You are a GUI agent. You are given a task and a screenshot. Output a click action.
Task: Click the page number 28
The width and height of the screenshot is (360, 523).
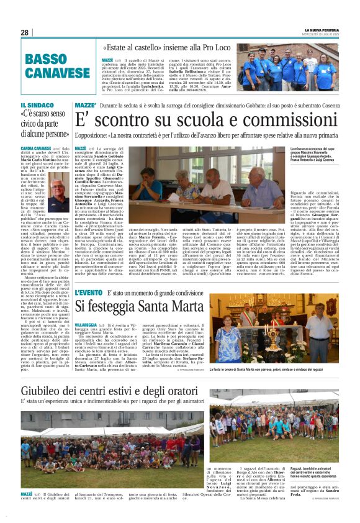click(x=25, y=32)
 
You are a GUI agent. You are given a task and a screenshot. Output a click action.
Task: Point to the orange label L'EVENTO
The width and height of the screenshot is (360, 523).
click(x=88, y=292)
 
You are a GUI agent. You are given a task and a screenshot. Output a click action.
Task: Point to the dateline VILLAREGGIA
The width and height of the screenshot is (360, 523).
click(x=86, y=325)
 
